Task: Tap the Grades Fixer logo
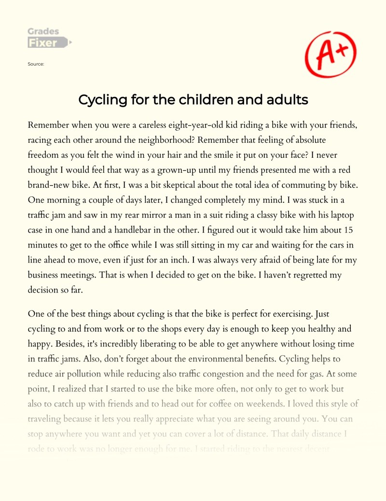(48, 39)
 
